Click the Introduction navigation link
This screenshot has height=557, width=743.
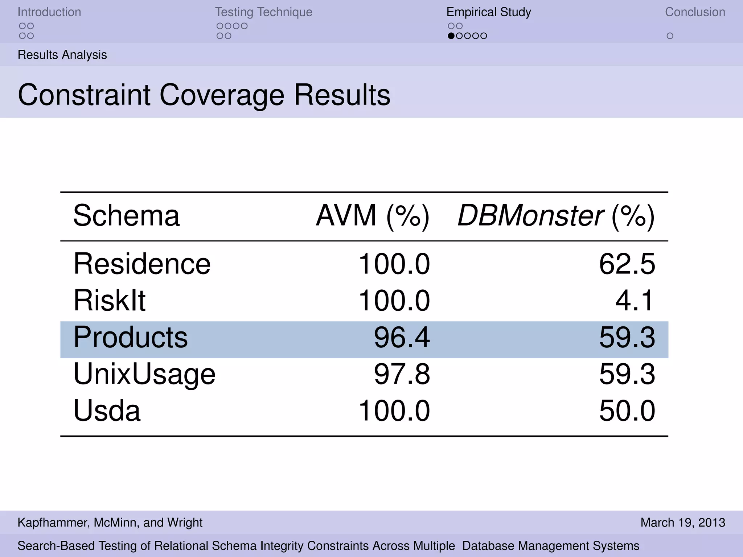click(49, 12)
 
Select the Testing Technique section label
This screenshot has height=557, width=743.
click(263, 12)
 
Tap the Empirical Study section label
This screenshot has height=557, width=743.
click(488, 12)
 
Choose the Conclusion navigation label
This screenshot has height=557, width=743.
click(695, 12)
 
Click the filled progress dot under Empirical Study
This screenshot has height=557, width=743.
click(451, 36)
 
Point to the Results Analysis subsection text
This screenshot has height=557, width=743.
click(62, 55)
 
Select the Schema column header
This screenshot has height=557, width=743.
click(126, 216)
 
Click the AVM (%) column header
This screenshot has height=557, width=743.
click(373, 216)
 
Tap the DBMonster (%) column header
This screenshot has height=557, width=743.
click(556, 216)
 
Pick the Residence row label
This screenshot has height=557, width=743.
click(142, 264)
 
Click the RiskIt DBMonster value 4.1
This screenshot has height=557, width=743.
click(635, 301)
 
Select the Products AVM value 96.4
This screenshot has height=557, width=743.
click(402, 338)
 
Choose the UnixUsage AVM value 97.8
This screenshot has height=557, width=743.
click(402, 374)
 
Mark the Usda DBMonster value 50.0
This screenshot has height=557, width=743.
click(627, 411)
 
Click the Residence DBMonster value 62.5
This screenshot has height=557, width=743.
click(627, 264)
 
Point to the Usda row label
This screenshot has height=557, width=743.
click(107, 411)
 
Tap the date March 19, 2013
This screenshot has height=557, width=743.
click(682, 523)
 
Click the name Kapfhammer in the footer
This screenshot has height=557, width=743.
click(52, 523)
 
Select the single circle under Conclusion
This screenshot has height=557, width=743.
click(670, 36)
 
